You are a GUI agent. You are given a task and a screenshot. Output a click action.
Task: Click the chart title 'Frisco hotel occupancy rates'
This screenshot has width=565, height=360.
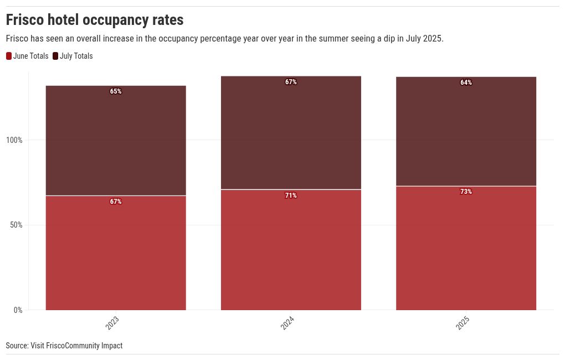pyautogui.click(x=94, y=20)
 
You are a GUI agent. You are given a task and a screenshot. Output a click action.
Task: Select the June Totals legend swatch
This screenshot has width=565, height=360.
pyautogui.click(x=9, y=56)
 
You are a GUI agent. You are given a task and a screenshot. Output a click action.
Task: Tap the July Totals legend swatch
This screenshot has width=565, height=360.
pyautogui.click(x=55, y=56)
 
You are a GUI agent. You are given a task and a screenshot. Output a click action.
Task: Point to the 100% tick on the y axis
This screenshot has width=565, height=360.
pyautogui.click(x=14, y=140)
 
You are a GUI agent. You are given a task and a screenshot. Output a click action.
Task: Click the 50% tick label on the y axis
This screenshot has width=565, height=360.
pyautogui.click(x=16, y=225)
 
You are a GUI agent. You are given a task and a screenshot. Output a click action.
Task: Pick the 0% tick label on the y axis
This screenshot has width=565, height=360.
pyautogui.click(x=18, y=310)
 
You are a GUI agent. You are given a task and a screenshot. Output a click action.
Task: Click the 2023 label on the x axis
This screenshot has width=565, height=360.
pyautogui.click(x=112, y=323)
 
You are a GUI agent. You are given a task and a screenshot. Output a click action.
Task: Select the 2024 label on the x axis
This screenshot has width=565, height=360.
pyautogui.click(x=287, y=323)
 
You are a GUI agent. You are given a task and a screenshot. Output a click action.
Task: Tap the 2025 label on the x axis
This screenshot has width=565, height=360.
pyautogui.click(x=463, y=323)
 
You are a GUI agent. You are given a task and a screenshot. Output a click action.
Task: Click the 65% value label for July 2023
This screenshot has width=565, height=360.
pyautogui.click(x=116, y=91)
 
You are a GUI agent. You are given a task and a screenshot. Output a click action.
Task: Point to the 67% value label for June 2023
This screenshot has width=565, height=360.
pyautogui.click(x=116, y=202)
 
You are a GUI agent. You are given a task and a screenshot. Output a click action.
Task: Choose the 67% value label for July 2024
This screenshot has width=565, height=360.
pyautogui.click(x=291, y=82)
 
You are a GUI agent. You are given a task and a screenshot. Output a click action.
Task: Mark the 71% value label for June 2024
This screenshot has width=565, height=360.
pyautogui.click(x=291, y=196)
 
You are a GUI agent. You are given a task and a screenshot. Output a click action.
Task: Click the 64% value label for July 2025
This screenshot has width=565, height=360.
pyautogui.click(x=466, y=83)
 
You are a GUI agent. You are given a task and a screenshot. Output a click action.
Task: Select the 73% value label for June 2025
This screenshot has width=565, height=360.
pyautogui.click(x=466, y=192)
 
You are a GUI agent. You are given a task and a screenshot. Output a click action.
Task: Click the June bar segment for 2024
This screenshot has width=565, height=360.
pyautogui.click(x=291, y=250)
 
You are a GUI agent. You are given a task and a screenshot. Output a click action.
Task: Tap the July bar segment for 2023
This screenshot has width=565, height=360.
pyautogui.click(x=116, y=141)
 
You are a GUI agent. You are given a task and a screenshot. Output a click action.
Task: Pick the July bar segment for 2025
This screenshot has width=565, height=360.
pyautogui.click(x=466, y=131)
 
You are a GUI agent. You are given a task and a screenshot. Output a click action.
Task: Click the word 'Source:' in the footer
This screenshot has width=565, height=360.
pyautogui.click(x=17, y=346)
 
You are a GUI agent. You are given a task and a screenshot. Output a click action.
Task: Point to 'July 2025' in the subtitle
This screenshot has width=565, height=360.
pyautogui.click(x=424, y=39)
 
